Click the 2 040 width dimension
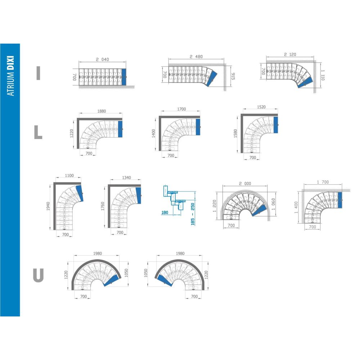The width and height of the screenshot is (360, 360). tap(102, 59)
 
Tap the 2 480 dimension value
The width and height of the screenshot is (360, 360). tap(196, 57)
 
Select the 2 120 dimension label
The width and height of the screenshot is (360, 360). tap(290, 54)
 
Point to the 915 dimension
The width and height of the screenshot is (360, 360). tap(233, 76)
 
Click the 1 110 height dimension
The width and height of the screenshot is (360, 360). tap(323, 75)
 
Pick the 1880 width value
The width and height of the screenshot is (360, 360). tap(102, 111)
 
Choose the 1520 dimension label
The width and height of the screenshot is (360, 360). tap(261, 107)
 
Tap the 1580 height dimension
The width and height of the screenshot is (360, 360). tap(235, 134)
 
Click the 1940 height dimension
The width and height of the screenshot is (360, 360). tap(48, 206)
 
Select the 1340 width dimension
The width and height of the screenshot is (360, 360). tap(126, 177)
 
